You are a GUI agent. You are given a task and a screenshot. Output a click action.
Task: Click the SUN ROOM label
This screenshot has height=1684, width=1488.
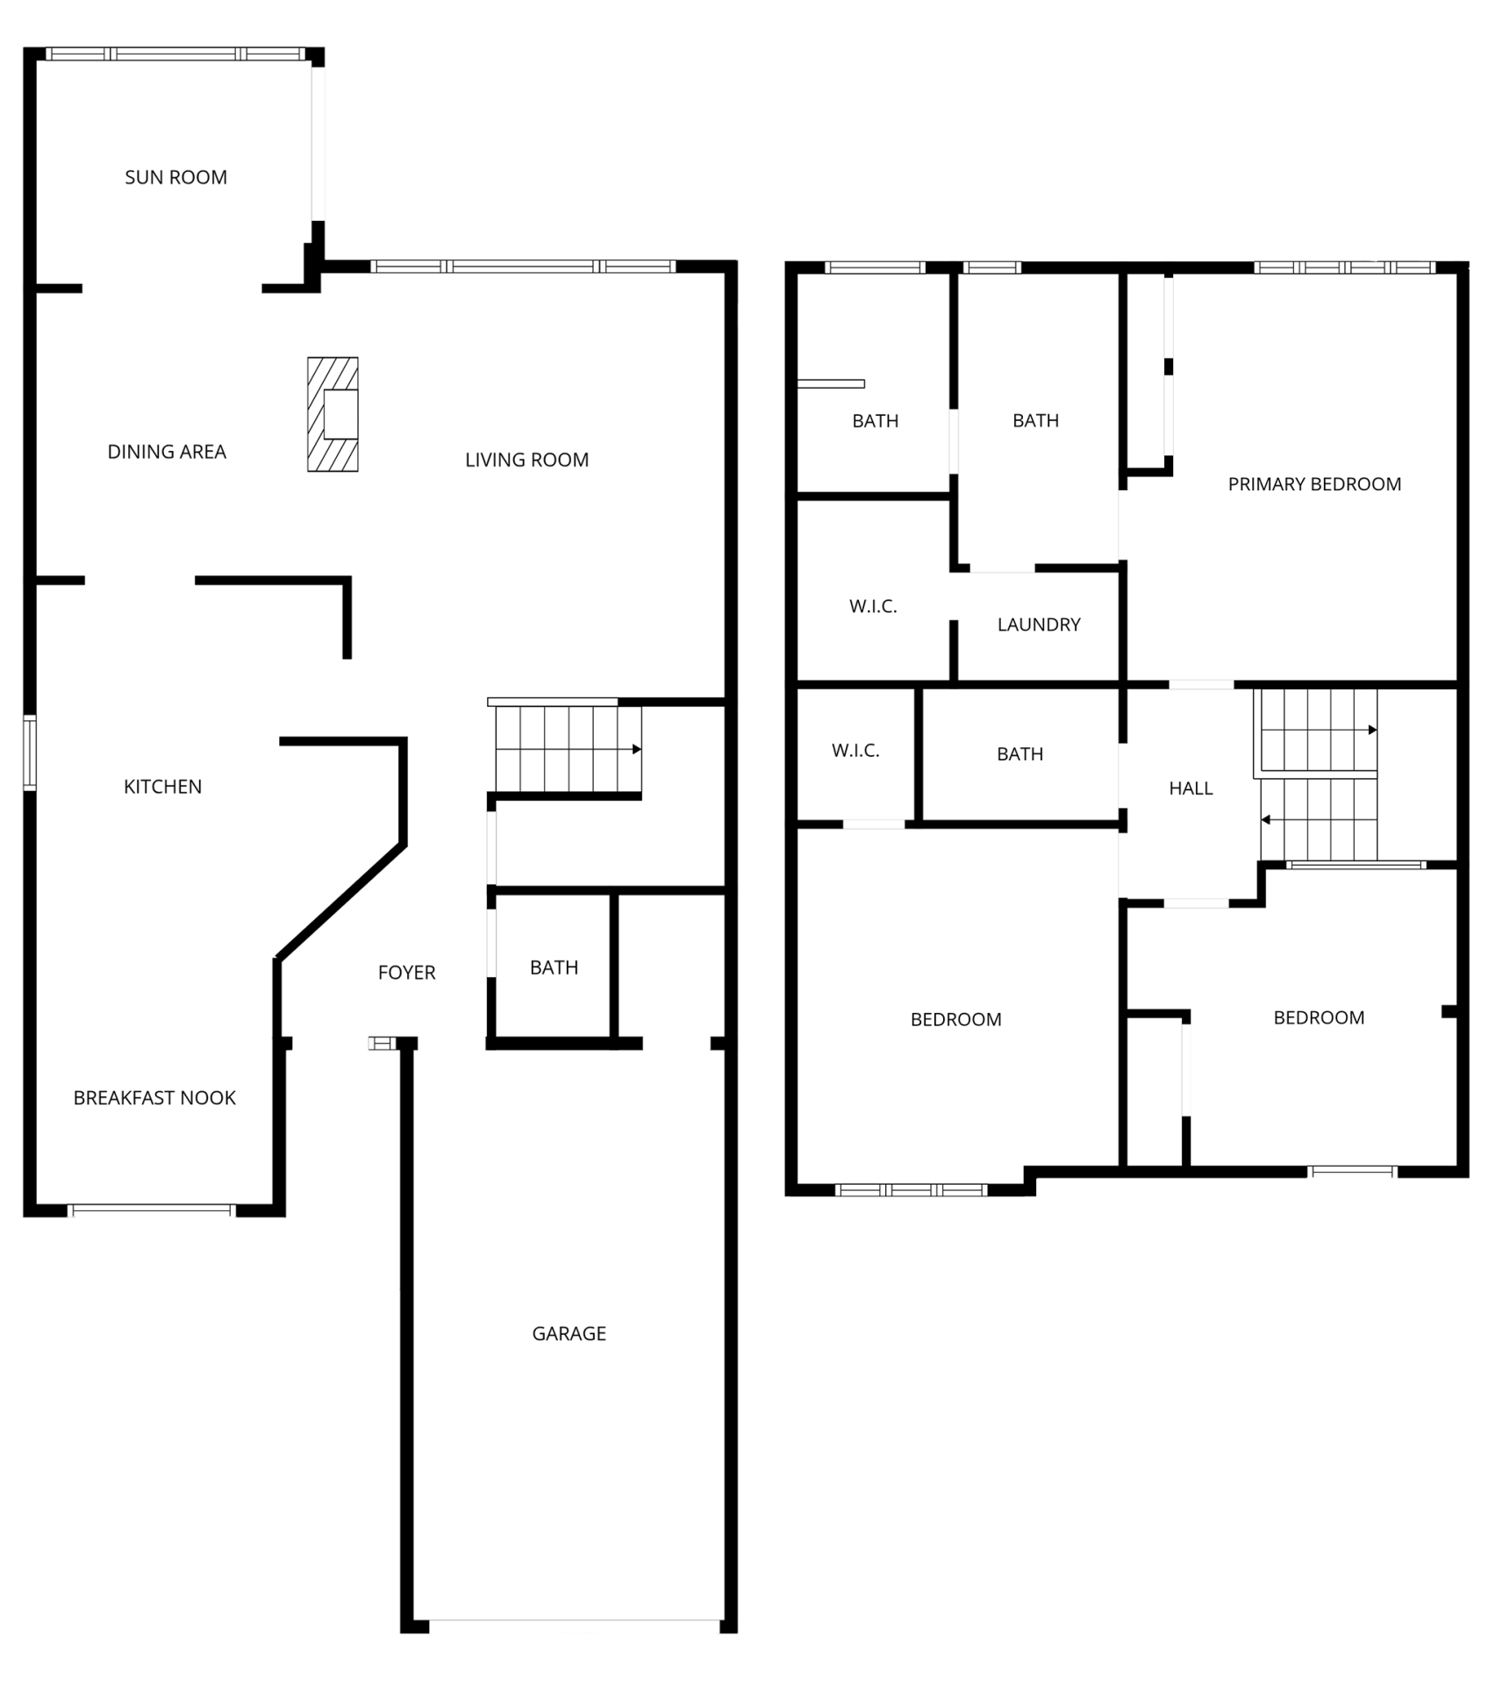(x=175, y=177)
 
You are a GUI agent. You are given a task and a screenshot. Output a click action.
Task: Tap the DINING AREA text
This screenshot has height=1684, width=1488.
(x=167, y=452)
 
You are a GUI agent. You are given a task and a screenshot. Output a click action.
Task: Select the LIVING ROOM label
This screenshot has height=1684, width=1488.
(x=526, y=460)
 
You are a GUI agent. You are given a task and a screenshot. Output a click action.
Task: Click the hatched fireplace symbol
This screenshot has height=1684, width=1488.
(x=333, y=414)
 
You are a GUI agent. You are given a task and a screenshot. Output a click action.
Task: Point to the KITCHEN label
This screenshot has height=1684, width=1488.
(x=162, y=787)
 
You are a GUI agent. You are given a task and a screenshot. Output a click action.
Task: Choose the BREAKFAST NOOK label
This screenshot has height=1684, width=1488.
(x=154, y=1098)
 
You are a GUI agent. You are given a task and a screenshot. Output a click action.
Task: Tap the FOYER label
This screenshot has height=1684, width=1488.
(x=406, y=973)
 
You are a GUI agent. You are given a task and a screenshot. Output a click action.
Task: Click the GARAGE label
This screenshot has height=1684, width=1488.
(x=569, y=1334)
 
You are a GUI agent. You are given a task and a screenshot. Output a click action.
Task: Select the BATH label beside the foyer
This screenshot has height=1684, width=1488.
(x=554, y=967)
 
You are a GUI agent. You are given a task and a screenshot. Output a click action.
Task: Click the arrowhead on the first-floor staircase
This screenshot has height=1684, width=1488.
(x=637, y=749)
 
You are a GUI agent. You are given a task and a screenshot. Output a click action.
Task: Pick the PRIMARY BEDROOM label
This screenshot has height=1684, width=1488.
(x=1314, y=484)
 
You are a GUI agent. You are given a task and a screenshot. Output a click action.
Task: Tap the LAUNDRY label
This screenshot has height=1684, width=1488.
(x=1039, y=624)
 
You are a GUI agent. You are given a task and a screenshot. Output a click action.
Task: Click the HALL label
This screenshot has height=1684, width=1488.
(x=1191, y=788)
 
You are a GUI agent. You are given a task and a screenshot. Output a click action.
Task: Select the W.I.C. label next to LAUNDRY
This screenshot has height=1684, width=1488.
(x=873, y=606)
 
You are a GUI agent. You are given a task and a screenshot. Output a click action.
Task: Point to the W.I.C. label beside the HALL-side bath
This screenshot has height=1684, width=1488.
(x=855, y=751)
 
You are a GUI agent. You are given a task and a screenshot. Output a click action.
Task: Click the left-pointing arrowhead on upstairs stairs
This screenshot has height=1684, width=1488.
(x=1266, y=820)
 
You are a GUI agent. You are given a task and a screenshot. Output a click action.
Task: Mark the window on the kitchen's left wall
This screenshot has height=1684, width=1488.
(x=30, y=753)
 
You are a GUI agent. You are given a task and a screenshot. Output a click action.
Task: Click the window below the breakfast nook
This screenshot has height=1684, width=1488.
(x=152, y=1210)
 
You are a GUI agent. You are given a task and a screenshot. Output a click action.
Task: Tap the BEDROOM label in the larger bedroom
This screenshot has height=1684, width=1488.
(x=955, y=1019)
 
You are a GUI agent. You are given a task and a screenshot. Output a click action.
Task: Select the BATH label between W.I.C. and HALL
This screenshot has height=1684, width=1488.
(x=1019, y=754)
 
